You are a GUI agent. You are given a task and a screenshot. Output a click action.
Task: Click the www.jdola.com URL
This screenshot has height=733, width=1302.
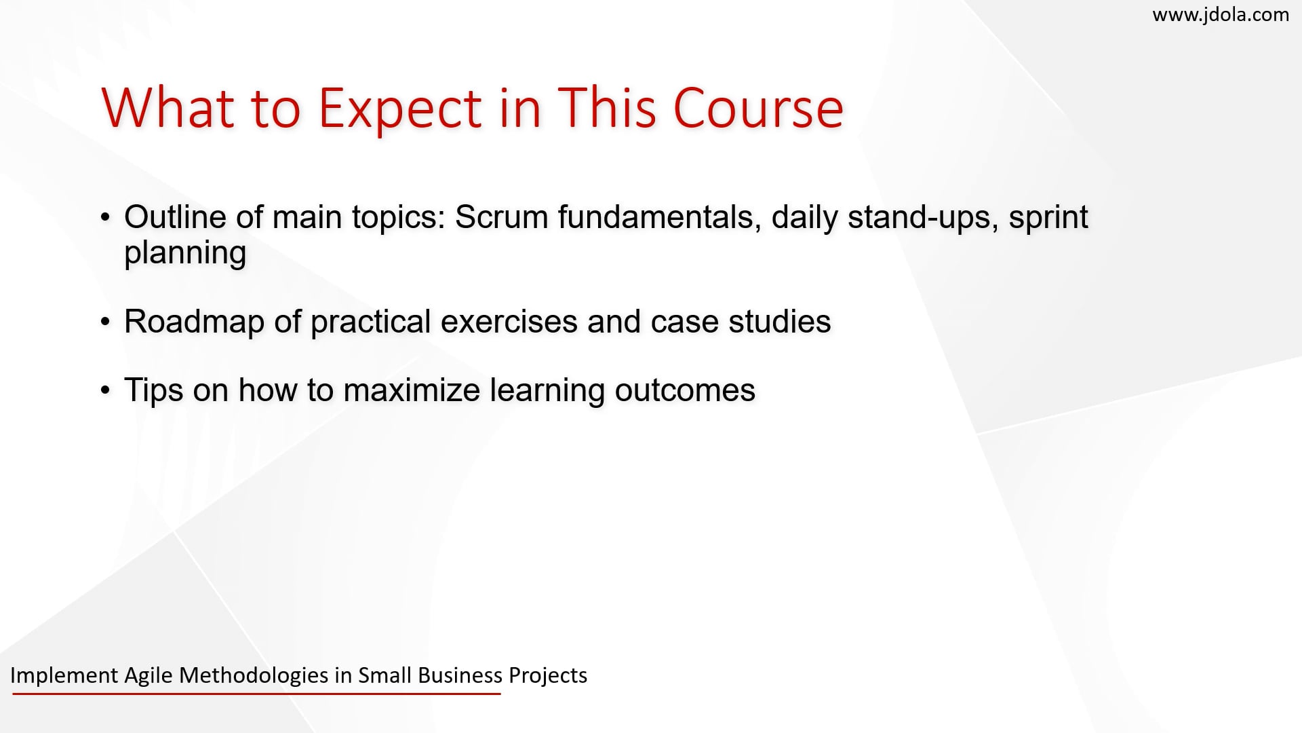(x=1221, y=14)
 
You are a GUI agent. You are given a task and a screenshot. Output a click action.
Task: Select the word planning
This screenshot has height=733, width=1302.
(x=185, y=254)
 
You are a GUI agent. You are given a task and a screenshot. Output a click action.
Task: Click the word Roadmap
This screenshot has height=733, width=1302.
(x=194, y=322)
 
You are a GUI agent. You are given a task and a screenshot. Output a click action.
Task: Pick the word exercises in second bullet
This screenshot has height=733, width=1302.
(x=509, y=322)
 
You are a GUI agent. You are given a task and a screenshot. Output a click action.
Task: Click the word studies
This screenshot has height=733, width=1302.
(x=780, y=322)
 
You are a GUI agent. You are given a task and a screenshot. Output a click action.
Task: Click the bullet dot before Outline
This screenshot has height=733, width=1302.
(x=105, y=218)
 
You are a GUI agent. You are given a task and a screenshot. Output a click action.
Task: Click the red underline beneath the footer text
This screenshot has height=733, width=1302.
(x=256, y=694)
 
